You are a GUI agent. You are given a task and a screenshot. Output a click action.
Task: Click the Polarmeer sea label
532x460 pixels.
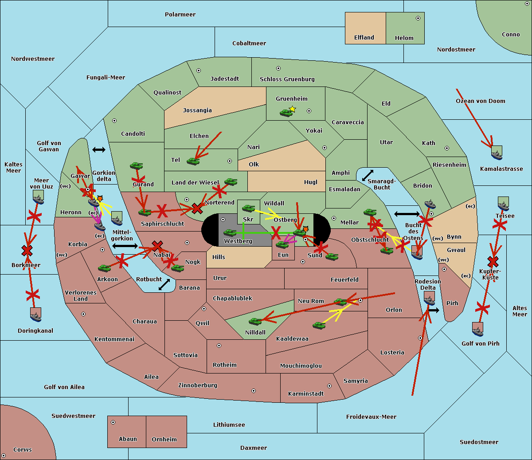180,15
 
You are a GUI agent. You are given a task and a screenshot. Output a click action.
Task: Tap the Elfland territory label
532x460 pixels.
364,38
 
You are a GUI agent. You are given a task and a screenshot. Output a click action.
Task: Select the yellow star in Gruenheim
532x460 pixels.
292,109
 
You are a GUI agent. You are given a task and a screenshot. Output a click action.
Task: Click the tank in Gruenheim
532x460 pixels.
286,113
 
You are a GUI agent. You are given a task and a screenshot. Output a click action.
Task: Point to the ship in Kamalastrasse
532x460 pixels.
497,153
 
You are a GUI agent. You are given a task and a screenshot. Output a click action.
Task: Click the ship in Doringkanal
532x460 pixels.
36,315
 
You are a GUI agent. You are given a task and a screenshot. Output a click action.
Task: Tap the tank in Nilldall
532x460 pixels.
255,321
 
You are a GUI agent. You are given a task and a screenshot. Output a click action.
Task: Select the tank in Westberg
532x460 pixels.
230,233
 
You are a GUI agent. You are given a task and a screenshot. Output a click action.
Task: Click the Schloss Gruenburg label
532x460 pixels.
287,79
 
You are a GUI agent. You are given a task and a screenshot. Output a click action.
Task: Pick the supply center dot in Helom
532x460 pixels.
418,18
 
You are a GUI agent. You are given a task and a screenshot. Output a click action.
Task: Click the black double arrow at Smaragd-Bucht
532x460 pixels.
368,176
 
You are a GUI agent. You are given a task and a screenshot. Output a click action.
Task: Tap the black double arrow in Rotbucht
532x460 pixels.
164,284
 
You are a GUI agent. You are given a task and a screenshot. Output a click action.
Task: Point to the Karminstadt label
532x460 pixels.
306,394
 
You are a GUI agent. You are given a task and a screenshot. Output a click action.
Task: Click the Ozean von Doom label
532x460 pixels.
481,101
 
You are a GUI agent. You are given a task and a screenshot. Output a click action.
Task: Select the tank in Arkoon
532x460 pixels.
104,268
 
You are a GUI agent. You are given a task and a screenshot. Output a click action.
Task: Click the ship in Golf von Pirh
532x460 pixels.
477,330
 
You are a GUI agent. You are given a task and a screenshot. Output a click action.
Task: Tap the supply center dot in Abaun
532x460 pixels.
113,422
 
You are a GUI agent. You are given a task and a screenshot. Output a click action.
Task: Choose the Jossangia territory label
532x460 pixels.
197,110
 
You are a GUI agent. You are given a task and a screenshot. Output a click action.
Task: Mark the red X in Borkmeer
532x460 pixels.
27,251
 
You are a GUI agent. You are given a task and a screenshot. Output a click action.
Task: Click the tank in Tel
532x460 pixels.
193,161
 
